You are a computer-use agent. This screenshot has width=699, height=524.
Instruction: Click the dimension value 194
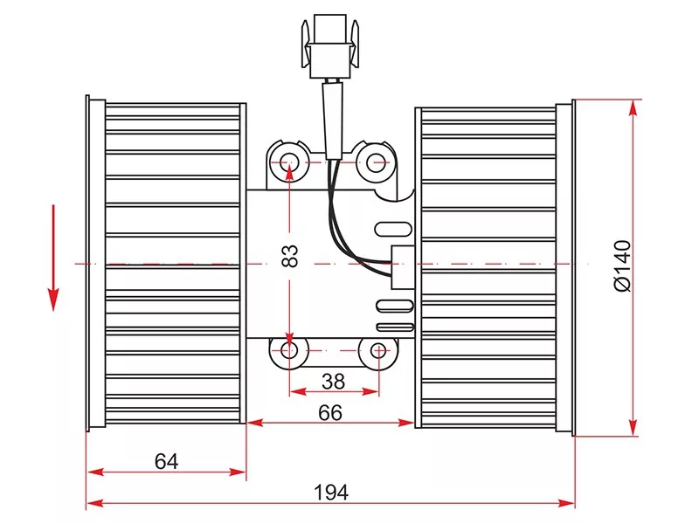(331, 493)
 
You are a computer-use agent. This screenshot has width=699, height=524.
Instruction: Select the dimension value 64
(166, 461)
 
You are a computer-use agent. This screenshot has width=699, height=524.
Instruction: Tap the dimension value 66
(330, 413)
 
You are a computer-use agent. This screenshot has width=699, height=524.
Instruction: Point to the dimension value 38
(334, 382)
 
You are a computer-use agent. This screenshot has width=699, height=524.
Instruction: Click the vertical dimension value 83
(290, 256)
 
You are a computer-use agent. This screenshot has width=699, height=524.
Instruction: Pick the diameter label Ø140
(623, 266)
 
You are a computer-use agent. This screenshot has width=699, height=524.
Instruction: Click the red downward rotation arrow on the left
(53, 258)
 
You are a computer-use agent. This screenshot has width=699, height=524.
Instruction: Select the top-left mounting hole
(289, 162)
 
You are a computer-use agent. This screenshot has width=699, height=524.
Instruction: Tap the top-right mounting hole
(376, 162)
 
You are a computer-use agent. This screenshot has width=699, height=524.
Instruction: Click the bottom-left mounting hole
(289, 351)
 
